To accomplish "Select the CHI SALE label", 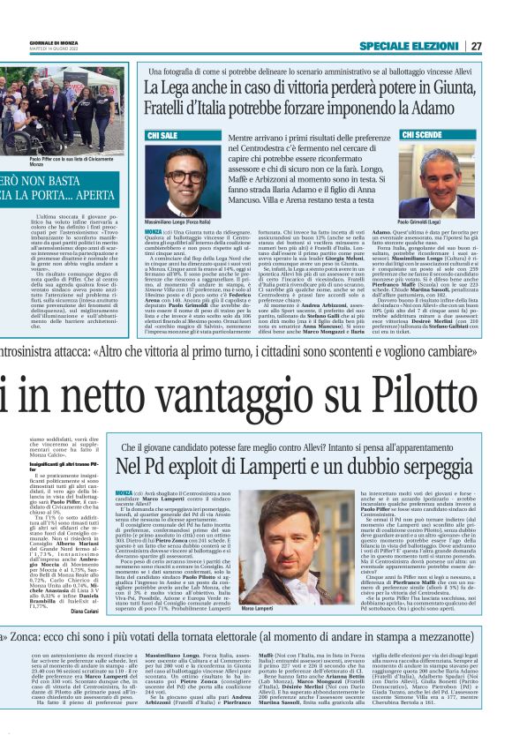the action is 163,136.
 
